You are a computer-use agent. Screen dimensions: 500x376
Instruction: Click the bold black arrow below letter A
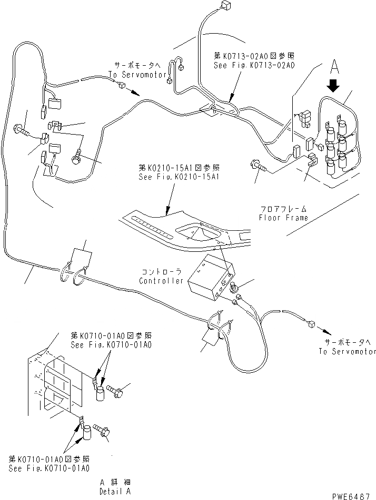coord(333,85)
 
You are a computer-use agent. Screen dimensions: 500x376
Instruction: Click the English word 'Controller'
coord(161,281)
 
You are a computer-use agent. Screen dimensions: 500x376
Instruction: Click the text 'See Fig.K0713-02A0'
coord(254,66)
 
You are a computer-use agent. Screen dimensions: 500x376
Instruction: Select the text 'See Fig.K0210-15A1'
coord(179,177)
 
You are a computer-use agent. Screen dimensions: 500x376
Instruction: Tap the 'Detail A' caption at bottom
coord(115,491)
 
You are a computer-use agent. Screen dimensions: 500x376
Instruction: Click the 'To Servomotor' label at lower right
coord(347,351)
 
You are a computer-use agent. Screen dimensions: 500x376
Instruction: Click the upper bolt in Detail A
coord(116,391)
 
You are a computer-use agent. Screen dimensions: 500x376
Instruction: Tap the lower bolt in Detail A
coord(102,431)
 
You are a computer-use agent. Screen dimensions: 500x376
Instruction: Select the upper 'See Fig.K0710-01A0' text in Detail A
coord(111,344)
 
